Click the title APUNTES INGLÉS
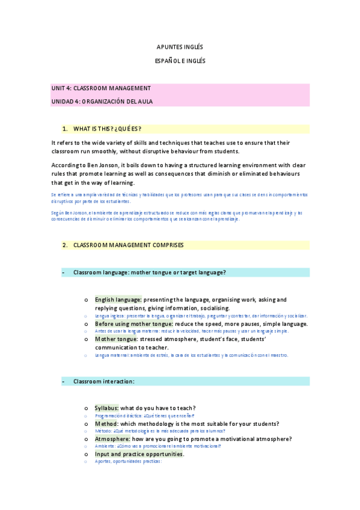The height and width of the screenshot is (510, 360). [x=180, y=47]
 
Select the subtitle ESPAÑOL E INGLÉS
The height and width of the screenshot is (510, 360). [x=180, y=61]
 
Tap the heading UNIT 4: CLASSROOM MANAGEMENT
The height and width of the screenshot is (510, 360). [x=101, y=88]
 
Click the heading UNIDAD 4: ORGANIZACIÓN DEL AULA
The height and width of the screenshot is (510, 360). [x=102, y=102]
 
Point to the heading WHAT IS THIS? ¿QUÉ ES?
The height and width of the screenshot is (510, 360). [x=107, y=129]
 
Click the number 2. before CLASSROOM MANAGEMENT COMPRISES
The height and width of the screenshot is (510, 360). [x=65, y=245]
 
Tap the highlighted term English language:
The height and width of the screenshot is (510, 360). [x=118, y=300]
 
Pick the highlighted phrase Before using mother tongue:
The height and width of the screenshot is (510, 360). [x=133, y=324]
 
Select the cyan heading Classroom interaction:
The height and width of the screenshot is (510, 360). [x=104, y=381]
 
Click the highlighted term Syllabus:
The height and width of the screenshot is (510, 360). [x=107, y=408]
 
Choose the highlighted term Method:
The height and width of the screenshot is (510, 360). [x=106, y=424]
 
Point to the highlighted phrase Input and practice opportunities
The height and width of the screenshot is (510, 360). [x=139, y=454]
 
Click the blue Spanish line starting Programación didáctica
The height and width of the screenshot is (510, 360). [x=144, y=416]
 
